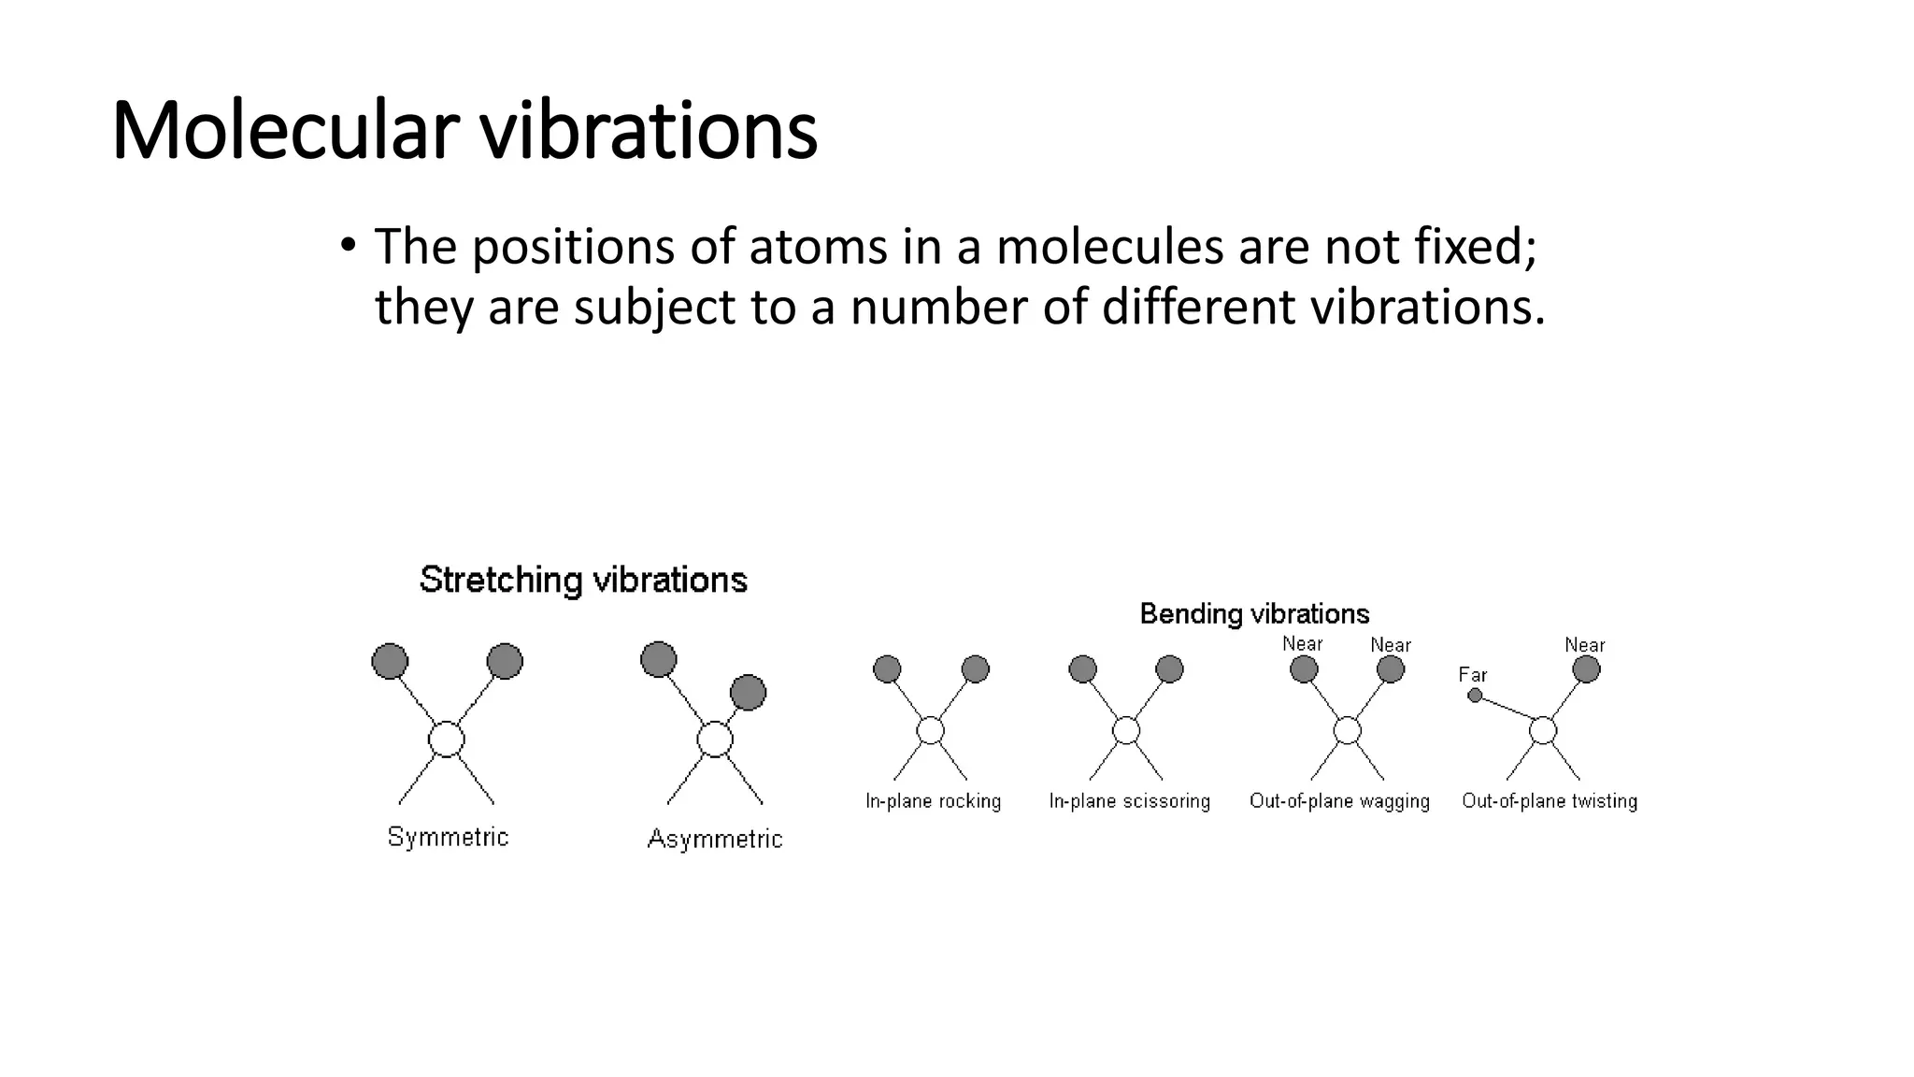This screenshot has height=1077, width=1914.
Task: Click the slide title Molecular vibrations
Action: (464, 130)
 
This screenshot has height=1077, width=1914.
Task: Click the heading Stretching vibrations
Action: (583, 580)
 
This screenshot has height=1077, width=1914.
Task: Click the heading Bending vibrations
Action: (1254, 614)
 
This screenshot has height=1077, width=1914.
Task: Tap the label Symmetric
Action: (448, 837)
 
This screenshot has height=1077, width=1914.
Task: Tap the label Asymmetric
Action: (715, 839)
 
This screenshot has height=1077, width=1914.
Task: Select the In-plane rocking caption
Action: (933, 801)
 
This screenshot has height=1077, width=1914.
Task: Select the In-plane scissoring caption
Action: (1129, 801)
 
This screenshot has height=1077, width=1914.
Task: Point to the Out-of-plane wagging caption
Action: (1339, 801)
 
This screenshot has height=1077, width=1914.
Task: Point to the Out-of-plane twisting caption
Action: (1550, 801)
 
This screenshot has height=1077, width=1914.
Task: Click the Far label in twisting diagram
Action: (1472, 675)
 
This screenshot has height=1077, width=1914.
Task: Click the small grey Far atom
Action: (1475, 695)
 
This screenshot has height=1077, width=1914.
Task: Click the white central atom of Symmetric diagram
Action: (447, 739)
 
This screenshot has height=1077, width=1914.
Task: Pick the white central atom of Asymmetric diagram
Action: (715, 739)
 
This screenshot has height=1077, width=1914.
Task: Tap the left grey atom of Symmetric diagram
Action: (390, 661)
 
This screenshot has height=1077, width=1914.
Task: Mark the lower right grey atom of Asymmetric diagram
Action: (748, 693)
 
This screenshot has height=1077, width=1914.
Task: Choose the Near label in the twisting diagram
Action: (1584, 645)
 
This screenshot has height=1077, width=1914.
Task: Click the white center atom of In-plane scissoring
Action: (1126, 730)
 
